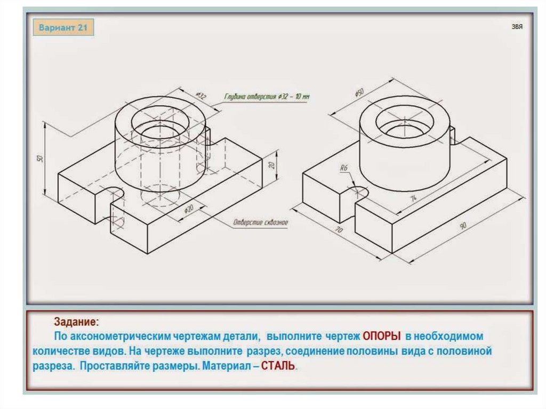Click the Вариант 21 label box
[63, 28]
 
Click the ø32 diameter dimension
[201, 96]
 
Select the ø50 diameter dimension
[359, 92]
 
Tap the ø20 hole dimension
[188, 210]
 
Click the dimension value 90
[463, 226]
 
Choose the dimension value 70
[338, 230]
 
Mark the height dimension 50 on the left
[39, 159]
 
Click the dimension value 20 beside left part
[271, 165]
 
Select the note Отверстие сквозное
[260, 222]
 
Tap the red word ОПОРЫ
[382, 336]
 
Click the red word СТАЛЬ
[278, 367]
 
